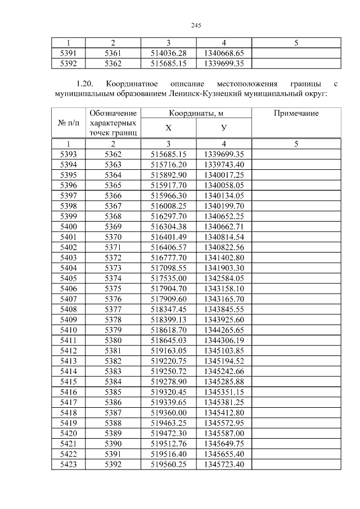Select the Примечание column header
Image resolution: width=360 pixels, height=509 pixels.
[296, 113]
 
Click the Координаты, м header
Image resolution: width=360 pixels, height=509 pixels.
[196, 113]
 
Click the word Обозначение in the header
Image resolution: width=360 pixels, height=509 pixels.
[112, 113]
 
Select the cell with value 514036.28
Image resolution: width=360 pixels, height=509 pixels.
[169, 53]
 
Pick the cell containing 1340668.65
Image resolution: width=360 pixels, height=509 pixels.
[224, 53]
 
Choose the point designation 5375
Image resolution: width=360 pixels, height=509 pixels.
[112, 288]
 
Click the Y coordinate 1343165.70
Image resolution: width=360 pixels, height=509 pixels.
[224, 298]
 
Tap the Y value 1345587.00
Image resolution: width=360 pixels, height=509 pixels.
[224, 434]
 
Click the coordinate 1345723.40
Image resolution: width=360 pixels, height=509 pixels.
[224, 465]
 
